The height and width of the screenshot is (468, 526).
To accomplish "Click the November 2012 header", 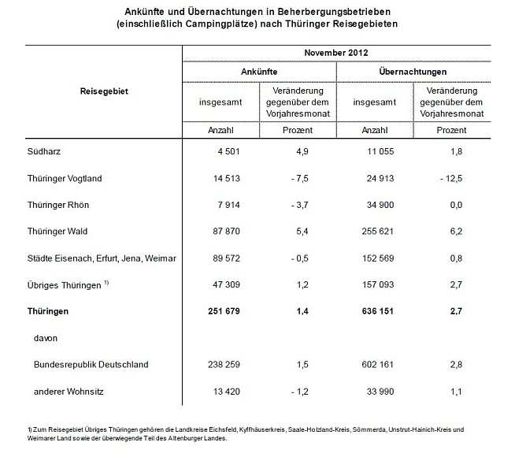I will (337, 53).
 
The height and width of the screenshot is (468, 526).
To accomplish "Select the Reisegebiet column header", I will (104, 91).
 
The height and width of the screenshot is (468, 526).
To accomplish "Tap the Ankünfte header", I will (259, 72).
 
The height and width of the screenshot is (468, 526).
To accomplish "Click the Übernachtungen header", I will (413, 72).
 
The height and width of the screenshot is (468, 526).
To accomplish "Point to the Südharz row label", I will (44, 151).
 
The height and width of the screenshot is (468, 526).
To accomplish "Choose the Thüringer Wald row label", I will (58, 231).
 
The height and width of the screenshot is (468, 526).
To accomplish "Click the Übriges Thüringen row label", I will (63, 285).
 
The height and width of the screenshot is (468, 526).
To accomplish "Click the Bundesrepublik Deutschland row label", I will (91, 365).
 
